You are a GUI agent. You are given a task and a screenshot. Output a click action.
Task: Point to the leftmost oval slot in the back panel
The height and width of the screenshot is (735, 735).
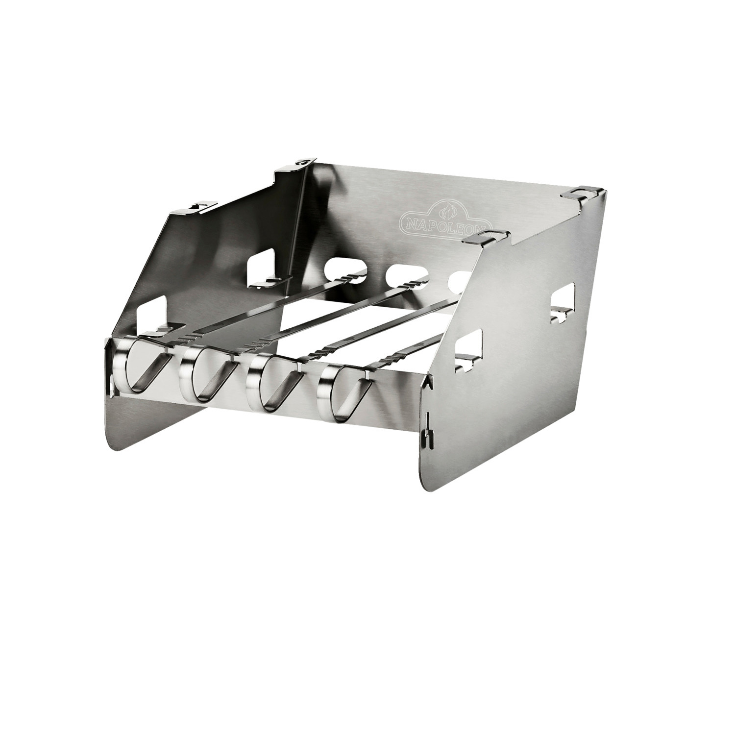[x=346, y=269]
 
